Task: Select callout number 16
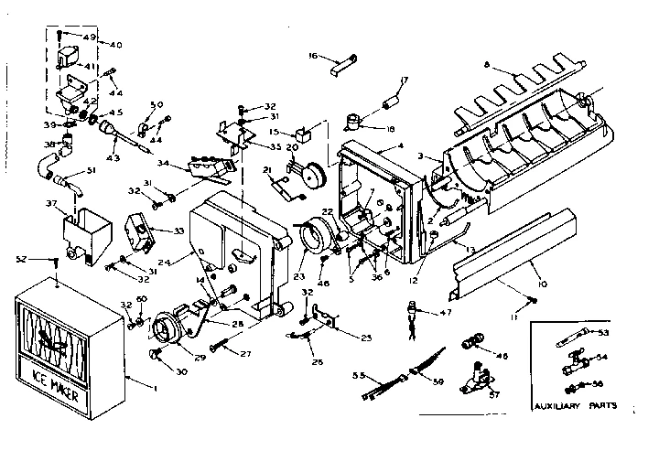point(311,57)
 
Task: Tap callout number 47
point(447,313)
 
